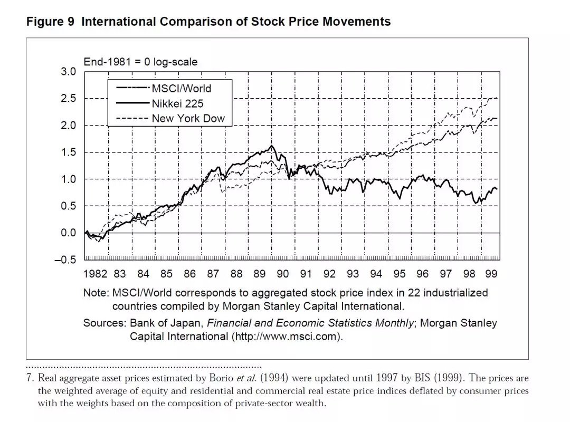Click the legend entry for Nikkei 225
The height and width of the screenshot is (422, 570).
click(177, 103)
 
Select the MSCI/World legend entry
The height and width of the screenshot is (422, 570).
click(181, 88)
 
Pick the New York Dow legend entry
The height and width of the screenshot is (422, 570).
click(188, 119)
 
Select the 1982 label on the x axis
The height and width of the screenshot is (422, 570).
click(95, 274)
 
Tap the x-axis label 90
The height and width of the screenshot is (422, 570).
click(283, 274)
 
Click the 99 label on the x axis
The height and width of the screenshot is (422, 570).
click(491, 274)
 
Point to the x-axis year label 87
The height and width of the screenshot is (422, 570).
click(213, 274)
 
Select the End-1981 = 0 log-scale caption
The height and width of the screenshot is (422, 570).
click(140, 62)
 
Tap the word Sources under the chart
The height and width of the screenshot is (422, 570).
click(104, 323)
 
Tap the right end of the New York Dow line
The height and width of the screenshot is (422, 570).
click(497, 98)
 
